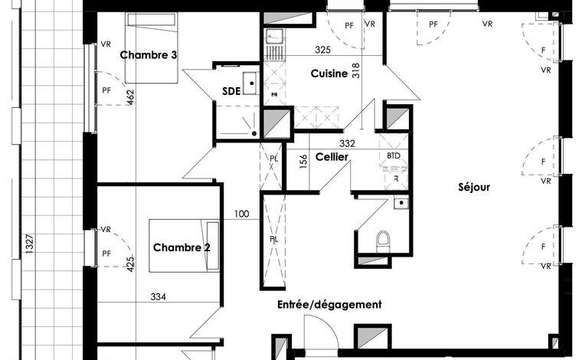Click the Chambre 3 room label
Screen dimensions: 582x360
(148, 55)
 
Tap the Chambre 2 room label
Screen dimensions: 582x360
(181, 247)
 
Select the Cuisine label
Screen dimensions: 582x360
(329, 74)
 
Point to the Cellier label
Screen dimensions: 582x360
(332, 157)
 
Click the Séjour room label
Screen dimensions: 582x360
(474, 187)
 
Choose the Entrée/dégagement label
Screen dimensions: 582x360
(329, 305)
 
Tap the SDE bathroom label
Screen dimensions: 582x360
(231, 91)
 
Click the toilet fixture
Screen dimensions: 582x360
(383, 242)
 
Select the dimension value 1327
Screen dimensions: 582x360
(30, 244)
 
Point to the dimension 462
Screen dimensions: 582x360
(130, 97)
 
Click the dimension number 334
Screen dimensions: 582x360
(158, 297)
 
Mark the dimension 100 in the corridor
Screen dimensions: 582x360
(242, 214)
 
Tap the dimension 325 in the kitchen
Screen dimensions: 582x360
(322, 50)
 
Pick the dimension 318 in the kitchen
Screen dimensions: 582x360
(355, 70)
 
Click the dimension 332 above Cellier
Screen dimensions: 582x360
(347, 143)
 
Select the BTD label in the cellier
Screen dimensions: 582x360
(394, 156)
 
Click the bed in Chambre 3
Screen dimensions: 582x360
(151, 47)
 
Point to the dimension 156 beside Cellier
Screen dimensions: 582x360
(303, 162)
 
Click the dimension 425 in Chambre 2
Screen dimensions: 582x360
(130, 264)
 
